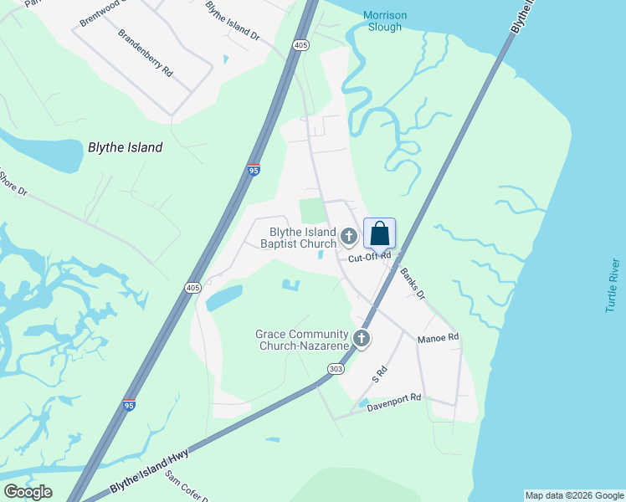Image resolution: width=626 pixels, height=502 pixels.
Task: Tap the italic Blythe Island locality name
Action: [x=125, y=147]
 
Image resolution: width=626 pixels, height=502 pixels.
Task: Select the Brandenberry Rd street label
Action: [x=145, y=54]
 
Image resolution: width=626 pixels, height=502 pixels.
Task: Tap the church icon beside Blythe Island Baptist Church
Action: [x=349, y=238]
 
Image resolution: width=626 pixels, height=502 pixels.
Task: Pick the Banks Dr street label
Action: [x=412, y=284]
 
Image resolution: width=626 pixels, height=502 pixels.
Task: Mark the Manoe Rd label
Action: [x=439, y=337]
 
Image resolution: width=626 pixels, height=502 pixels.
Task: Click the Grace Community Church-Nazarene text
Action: [x=301, y=340]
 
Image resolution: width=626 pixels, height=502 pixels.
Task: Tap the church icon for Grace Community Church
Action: [x=362, y=339]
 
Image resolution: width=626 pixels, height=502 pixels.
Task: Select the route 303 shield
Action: [x=336, y=368]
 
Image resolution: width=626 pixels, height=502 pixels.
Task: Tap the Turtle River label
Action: [x=613, y=285]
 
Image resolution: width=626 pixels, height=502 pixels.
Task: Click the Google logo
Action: [x=27, y=492]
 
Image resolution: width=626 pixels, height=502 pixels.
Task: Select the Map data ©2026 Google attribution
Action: [x=574, y=495]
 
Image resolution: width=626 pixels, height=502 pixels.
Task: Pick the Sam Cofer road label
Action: [x=186, y=486]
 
